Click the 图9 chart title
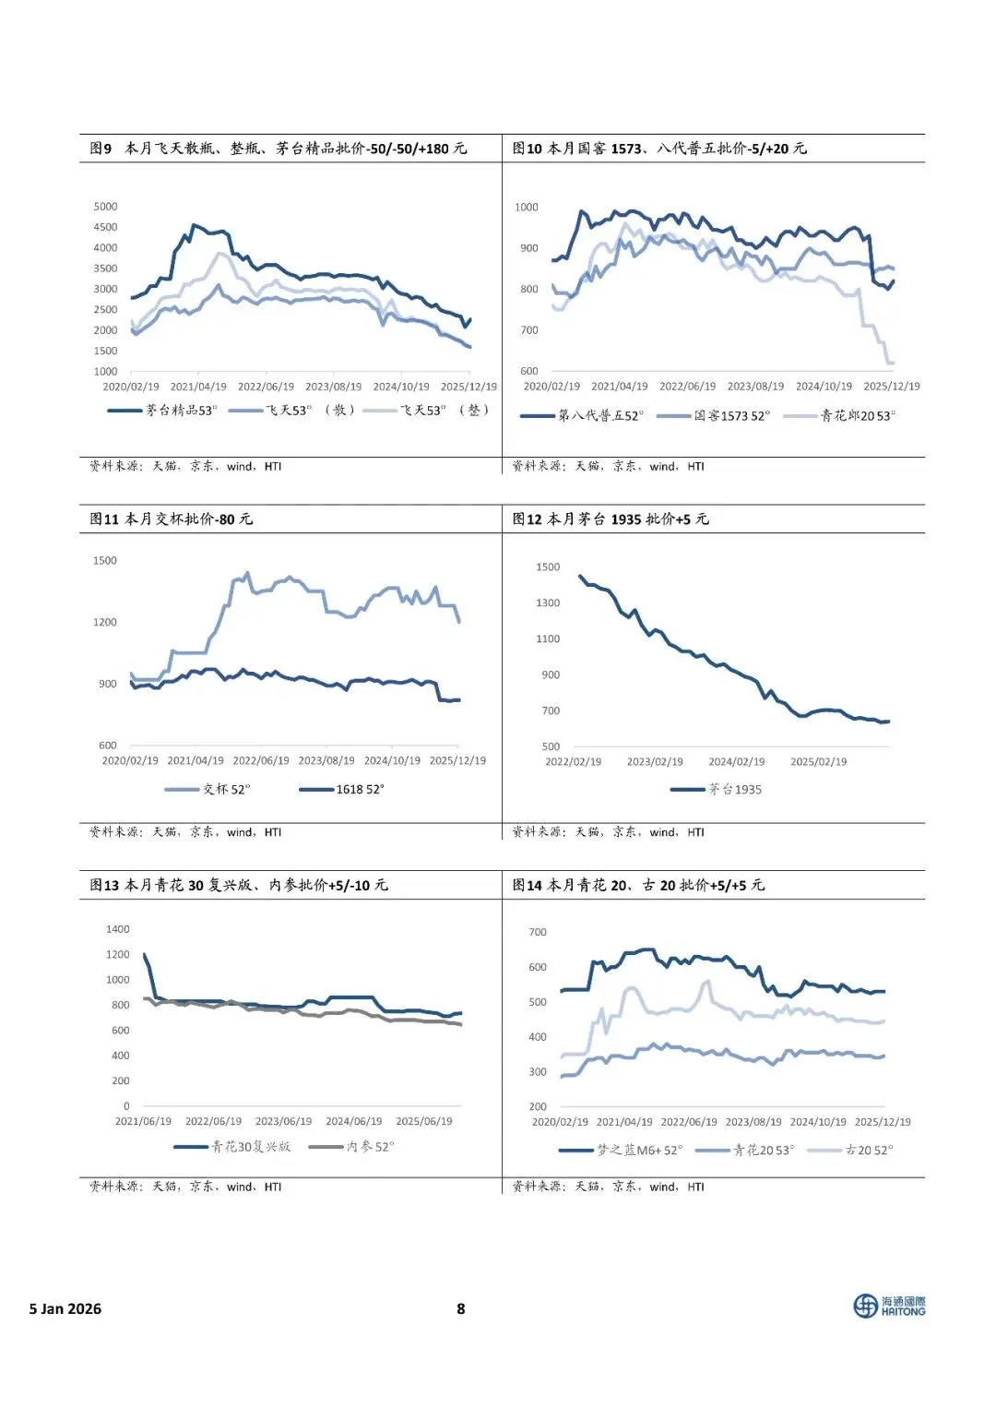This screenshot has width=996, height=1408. click(279, 149)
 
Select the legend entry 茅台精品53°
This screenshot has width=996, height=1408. click(162, 411)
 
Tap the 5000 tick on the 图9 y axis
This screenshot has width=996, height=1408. click(105, 206)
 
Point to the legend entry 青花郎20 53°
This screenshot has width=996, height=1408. click(839, 415)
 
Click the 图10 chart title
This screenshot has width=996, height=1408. click(659, 149)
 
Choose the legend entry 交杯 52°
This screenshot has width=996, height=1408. click(207, 789)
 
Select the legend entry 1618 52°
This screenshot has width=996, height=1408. click(342, 789)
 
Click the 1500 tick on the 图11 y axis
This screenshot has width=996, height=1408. click(105, 560)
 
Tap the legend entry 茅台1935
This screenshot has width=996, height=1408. click(716, 789)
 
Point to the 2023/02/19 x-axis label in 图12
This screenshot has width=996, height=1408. click(655, 761)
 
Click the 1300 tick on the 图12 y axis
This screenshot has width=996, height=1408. click(547, 603)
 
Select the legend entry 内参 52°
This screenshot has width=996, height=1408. click(351, 1147)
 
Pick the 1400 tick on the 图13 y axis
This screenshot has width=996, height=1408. click(117, 929)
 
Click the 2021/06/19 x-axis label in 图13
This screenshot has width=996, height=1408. click(143, 1121)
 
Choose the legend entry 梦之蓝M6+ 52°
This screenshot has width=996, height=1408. click(621, 1150)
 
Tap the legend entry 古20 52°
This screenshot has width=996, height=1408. click(850, 1150)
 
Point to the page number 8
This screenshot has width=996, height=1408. click(460, 1308)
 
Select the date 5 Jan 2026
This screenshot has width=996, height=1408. click(65, 1308)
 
